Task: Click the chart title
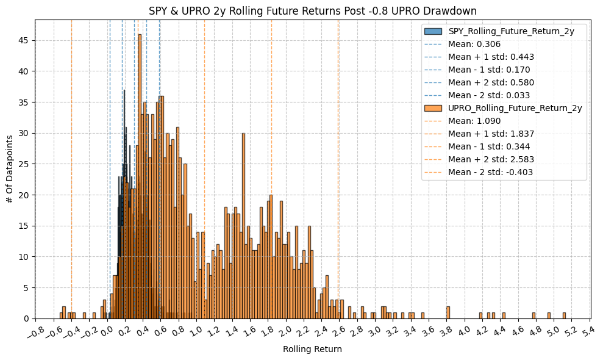313,10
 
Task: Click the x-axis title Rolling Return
312,350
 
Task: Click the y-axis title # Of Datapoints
10,169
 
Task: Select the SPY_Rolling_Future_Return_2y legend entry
511,31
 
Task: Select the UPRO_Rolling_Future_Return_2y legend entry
515,108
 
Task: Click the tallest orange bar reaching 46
140,177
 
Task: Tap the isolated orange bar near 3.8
448,312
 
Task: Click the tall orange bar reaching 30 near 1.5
243,226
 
